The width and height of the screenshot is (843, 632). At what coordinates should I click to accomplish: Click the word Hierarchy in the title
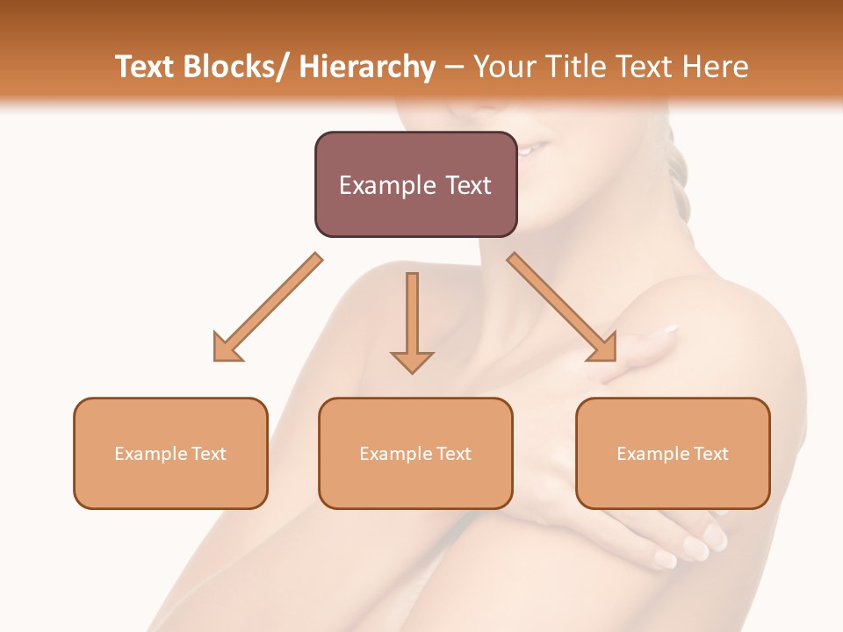(367, 67)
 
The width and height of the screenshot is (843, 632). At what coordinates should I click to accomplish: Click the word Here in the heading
(717, 67)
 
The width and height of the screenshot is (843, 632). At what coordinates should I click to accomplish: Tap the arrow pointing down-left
(269, 307)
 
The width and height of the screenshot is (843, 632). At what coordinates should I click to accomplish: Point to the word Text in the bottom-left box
(208, 454)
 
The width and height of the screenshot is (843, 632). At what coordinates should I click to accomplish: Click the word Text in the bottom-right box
(710, 454)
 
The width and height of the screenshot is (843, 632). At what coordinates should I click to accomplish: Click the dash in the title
(454, 67)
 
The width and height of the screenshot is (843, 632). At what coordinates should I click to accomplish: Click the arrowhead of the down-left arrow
(227, 348)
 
